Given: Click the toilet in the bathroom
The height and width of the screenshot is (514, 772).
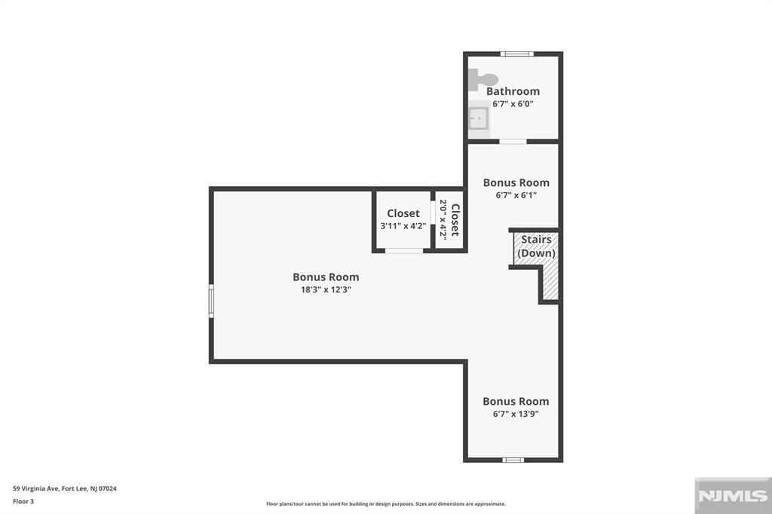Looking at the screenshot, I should (x=482, y=78).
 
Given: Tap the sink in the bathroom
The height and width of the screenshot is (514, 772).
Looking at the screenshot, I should (x=477, y=118).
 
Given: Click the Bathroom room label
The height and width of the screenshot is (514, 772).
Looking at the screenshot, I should (x=513, y=91).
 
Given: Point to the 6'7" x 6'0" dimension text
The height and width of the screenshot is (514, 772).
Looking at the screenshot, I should (x=513, y=104).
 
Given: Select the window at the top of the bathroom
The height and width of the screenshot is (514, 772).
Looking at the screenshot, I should (x=517, y=54).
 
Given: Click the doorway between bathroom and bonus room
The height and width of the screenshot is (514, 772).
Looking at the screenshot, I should (x=513, y=141).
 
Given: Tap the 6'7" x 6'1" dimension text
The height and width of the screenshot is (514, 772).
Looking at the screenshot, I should (x=516, y=195).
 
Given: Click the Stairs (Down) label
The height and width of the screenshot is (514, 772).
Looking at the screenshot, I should (x=537, y=246).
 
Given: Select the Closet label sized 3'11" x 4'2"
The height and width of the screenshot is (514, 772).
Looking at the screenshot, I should (x=403, y=213).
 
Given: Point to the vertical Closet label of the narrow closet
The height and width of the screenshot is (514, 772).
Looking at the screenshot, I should (x=455, y=219).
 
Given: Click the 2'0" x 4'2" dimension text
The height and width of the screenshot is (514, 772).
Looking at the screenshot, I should (x=443, y=219).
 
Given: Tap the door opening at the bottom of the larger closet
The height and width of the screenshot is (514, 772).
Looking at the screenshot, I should (x=404, y=250).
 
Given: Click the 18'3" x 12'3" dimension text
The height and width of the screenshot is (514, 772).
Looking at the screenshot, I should (x=326, y=289).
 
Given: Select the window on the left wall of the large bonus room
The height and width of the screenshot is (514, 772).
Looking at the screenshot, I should (x=212, y=300).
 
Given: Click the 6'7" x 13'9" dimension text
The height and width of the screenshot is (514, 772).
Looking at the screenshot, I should (x=516, y=414).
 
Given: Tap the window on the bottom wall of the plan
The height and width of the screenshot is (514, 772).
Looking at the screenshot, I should (x=513, y=460).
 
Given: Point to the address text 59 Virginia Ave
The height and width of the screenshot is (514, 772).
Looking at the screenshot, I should (x=65, y=488).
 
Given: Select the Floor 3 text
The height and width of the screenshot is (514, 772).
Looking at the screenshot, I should (x=24, y=500).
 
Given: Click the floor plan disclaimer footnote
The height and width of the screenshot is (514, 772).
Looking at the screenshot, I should (x=385, y=504).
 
